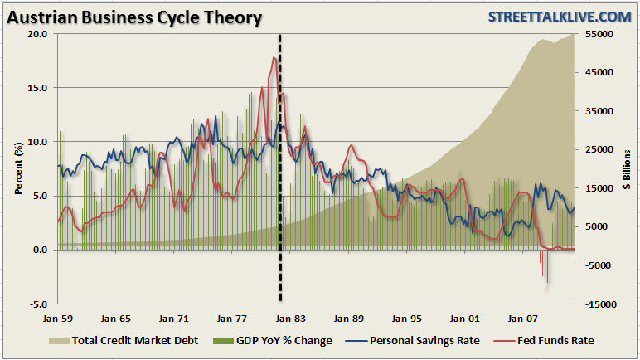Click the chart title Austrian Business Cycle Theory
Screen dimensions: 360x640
coord(133,17)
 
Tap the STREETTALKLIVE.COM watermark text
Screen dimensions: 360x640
coord(559,17)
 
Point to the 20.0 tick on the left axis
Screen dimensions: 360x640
coord(36,34)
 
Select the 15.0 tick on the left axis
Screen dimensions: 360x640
coord(36,88)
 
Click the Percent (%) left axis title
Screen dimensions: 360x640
coord(17,168)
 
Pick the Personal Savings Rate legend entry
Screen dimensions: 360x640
coord(419,341)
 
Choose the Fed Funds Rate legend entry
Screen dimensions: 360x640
coord(552,341)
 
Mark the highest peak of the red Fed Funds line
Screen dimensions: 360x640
coord(274,57)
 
